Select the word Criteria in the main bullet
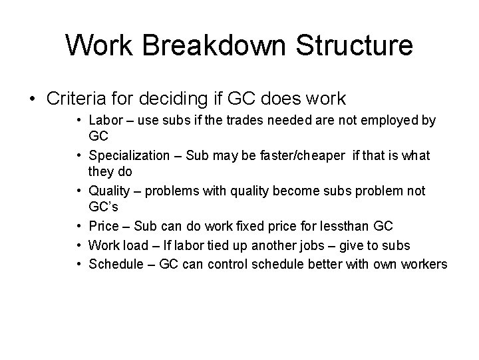[x=79, y=99]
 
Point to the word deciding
[x=176, y=99]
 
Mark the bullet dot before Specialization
[x=79, y=156]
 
